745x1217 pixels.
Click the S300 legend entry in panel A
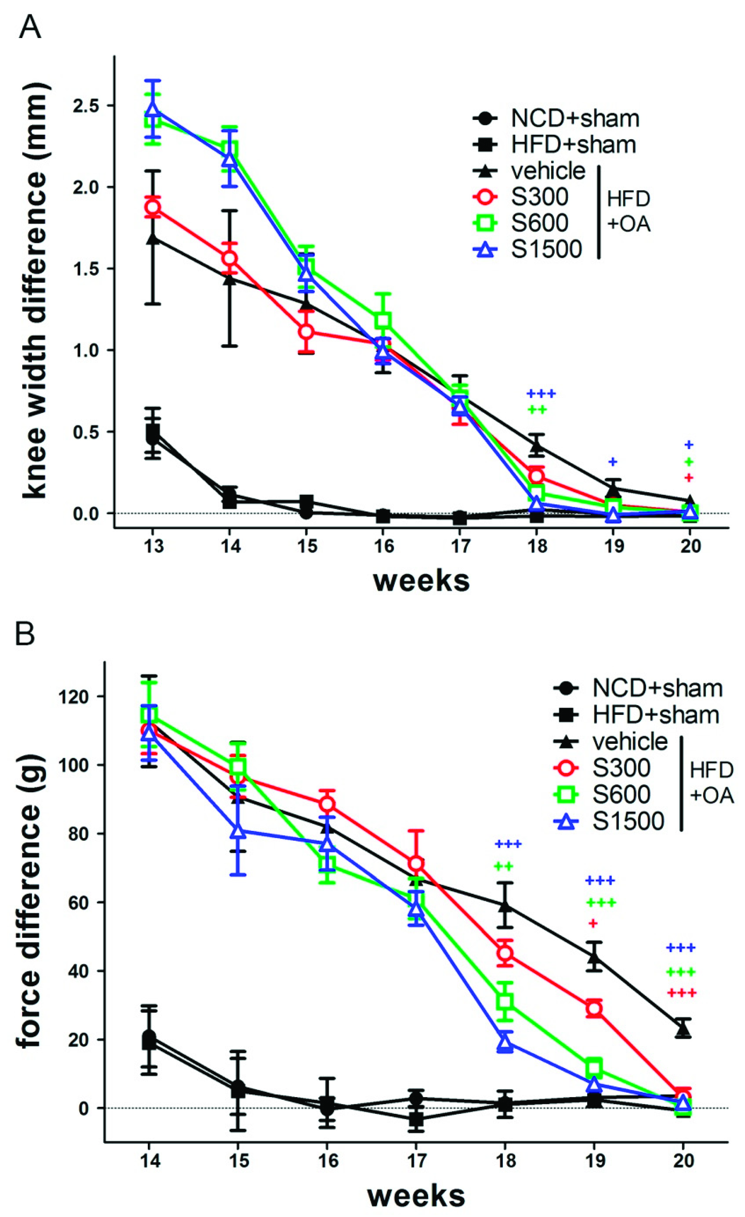[539, 197]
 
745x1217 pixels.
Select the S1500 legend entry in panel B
[627, 821]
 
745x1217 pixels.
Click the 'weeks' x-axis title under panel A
[421, 581]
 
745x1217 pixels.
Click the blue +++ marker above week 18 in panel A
[541, 394]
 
